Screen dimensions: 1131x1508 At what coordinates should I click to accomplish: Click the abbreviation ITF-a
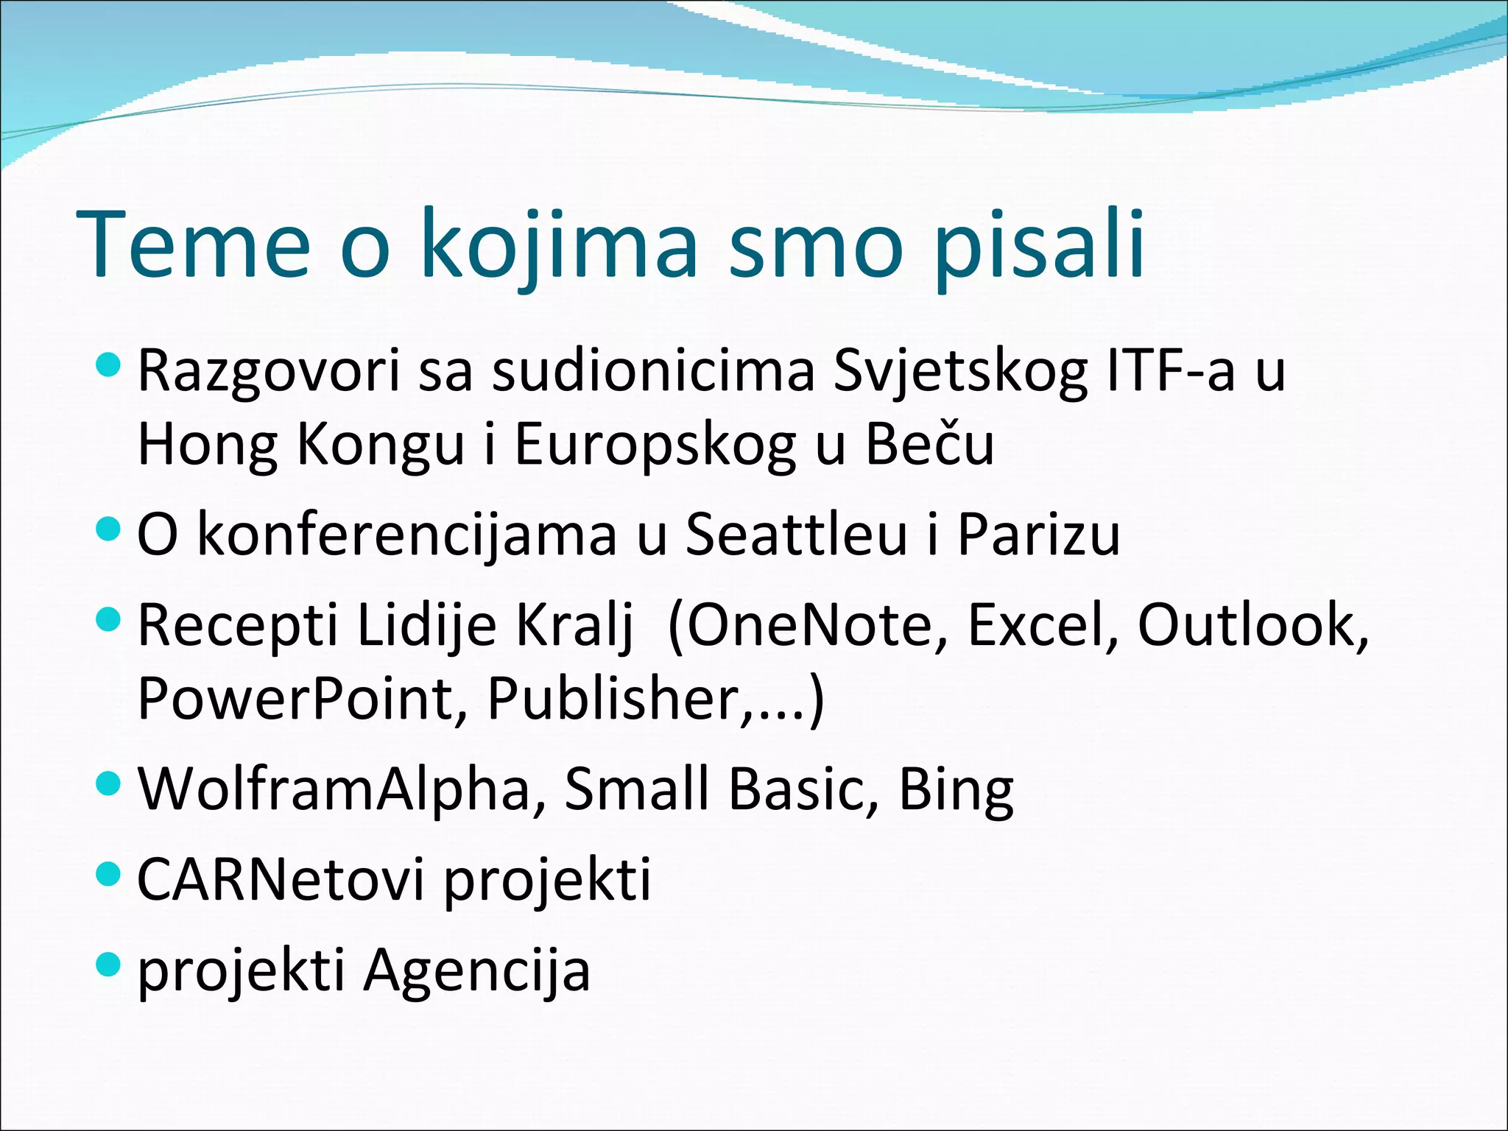coord(1171,370)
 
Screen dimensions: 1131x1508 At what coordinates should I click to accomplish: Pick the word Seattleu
coord(796,534)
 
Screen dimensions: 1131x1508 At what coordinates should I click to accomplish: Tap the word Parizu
coord(1038,534)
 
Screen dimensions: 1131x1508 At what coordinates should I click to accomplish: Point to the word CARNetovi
coord(281,879)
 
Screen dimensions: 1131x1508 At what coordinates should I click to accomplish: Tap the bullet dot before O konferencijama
coord(108,528)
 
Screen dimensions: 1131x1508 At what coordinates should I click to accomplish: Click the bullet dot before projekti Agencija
coord(108,964)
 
